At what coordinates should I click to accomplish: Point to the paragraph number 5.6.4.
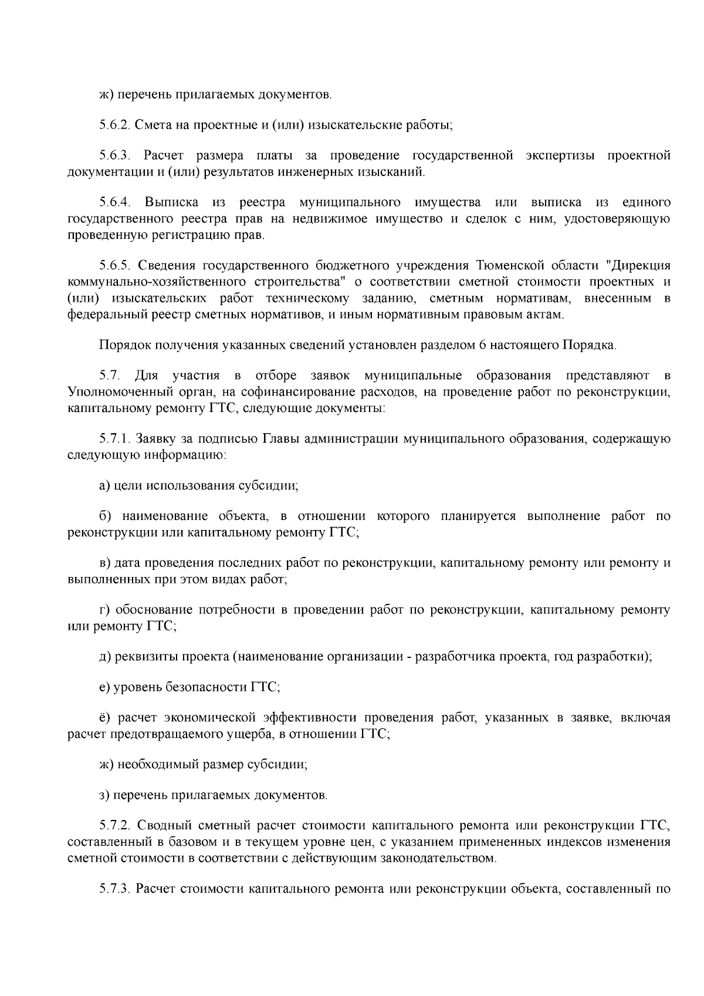[114, 202]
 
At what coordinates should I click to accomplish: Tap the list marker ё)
[106, 718]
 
